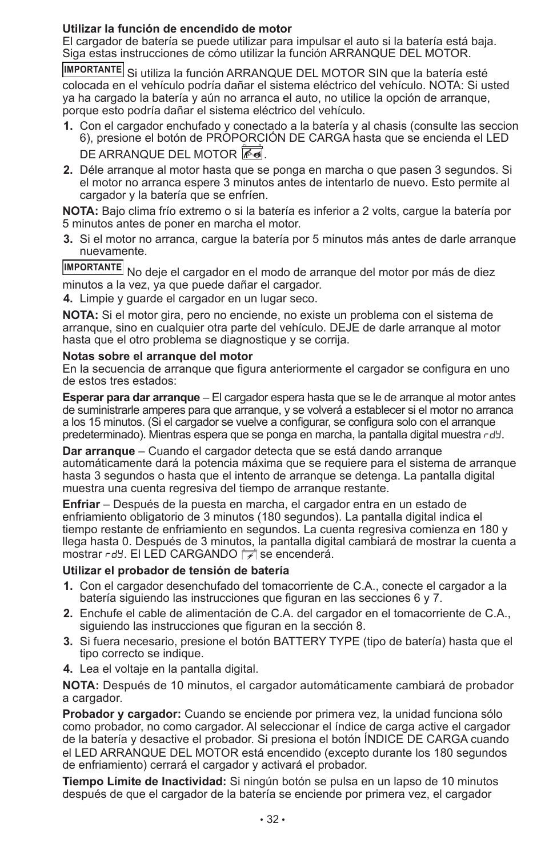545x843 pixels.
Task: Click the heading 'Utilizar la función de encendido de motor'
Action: click(177, 29)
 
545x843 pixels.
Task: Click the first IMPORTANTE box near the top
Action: click(93, 70)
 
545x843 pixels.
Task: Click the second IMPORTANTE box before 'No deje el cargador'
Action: click(93, 267)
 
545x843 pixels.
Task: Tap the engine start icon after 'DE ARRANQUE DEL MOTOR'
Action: click(253, 153)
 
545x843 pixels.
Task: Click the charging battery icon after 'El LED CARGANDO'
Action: click(249, 553)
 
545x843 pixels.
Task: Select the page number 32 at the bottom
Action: click(272, 819)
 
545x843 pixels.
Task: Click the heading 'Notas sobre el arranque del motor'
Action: click(157, 357)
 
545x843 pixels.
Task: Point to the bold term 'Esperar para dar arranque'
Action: click(131, 398)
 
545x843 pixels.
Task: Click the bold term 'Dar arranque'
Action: click(98, 451)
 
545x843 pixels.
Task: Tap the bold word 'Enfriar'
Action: click(81, 504)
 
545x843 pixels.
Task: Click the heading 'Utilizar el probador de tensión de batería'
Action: click(175, 570)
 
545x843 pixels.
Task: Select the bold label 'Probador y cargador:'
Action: click(122, 714)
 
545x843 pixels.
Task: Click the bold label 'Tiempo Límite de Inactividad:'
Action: click(144, 781)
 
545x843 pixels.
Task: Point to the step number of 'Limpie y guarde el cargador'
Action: click(68, 298)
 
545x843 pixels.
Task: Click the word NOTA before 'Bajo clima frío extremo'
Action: click(80, 211)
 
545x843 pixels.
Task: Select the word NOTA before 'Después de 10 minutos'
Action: click(80, 685)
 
